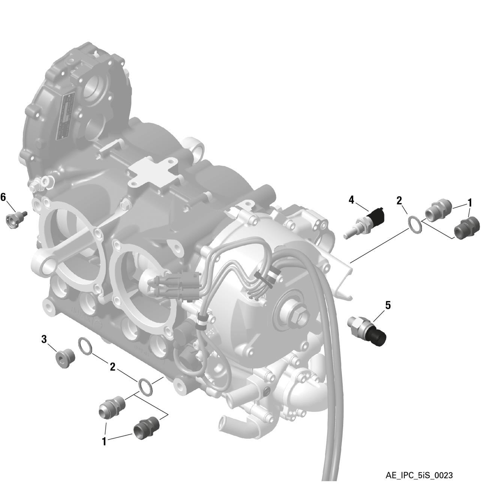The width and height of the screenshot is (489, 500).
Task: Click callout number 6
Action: tap(3, 197)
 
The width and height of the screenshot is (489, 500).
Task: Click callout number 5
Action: tap(388, 306)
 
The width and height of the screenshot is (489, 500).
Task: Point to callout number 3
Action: tap(44, 339)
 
